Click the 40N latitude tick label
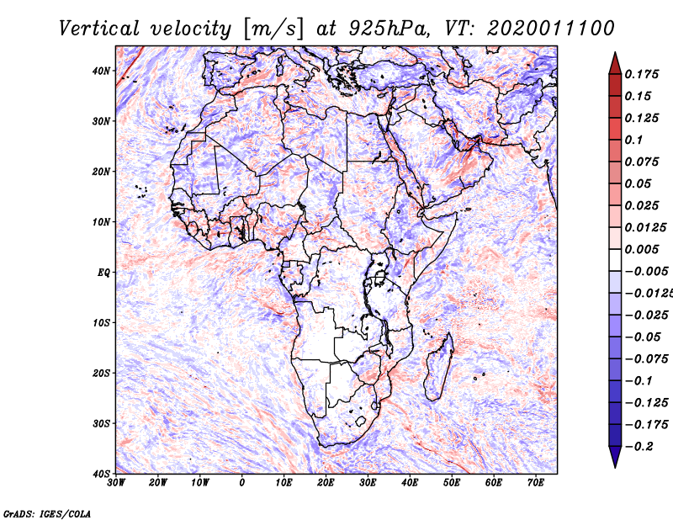click(x=101, y=71)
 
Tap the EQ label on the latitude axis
click(x=103, y=273)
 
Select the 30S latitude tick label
click(x=101, y=424)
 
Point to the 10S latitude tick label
click(x=101, y=323)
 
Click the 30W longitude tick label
click(x=116, y=483)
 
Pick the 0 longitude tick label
click(x=242, y=483)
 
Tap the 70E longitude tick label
click(x=535, y=483)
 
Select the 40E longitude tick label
click(x=410, y=483)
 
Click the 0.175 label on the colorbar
click(x=642, y=74)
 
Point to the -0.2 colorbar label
click(x=639, y=446)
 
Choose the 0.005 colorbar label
click(x=642, y=249)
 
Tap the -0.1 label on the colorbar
click(x=639, y=381)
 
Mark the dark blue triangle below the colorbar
click(x=615, y=455)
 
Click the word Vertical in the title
click(x=99, y=29)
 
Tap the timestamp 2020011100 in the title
click(x=551, y=29)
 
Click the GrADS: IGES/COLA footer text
click(x=47, y=513)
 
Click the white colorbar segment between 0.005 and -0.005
click(x=615, y=260)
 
